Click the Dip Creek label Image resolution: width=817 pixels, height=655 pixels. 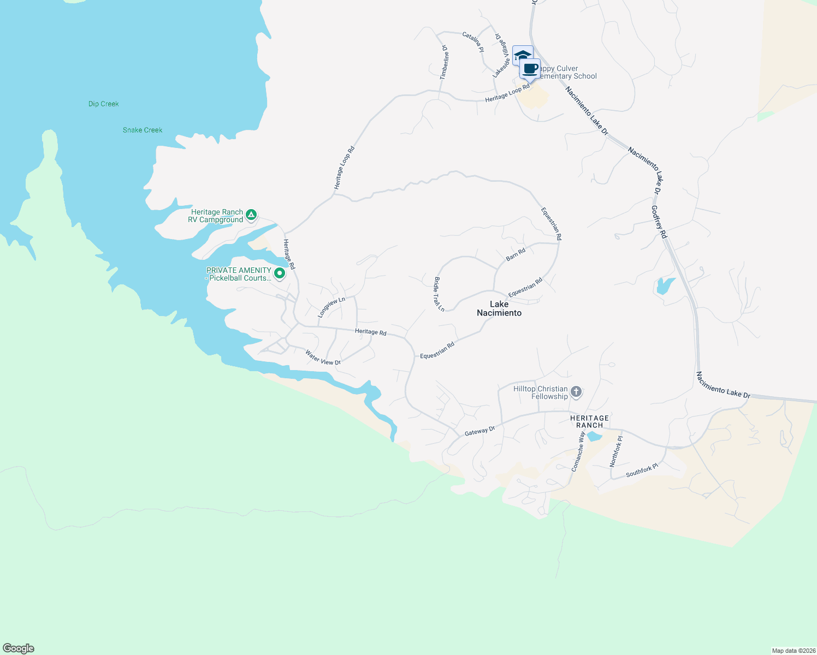pos(104,104)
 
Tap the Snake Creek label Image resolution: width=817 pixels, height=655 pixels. pos(143,130)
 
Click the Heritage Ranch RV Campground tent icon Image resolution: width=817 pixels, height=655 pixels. pos(251,215)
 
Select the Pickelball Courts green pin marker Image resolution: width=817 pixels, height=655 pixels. pos(280,273)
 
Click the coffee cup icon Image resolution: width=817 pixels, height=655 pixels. pos(530,69)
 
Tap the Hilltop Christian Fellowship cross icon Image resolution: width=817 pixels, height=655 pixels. pos(576,392)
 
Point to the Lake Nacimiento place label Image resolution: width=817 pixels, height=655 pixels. pos(499,308)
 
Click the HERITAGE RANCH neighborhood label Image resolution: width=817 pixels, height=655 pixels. pos(589,421)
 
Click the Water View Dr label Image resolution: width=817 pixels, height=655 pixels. pos(323,358)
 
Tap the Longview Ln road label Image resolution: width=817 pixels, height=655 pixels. pos(331,307)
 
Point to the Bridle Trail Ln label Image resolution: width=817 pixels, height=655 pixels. pos(439,294)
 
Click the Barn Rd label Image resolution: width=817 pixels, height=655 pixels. pos(516,254)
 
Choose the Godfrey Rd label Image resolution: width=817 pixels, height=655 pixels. pos(659,222)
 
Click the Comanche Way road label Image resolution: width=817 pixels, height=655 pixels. pos(578,451)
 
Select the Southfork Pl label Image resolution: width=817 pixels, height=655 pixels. pos(642,471)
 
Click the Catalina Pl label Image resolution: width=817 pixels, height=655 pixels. pos(473,42)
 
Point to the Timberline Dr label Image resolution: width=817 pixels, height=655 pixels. pos(445,62)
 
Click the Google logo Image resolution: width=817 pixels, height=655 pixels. pos(19,648)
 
